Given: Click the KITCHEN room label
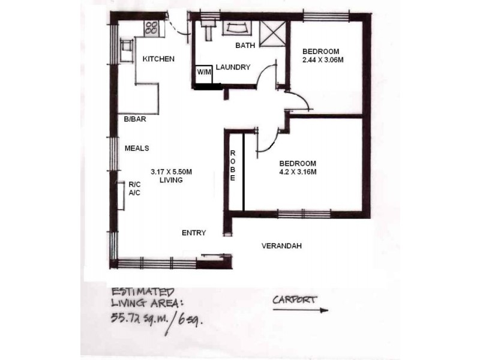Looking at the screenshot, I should click(158, 59).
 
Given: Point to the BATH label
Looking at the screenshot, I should click(245, 46).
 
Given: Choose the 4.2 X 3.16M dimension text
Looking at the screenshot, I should click(298, 172).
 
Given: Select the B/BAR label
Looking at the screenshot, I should click(135, 119).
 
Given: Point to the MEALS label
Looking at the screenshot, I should click(136, 148).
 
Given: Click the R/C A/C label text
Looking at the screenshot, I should click(134, 189).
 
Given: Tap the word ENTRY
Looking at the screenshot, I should click(194, 233).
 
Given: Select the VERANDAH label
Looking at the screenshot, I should click(281, 246).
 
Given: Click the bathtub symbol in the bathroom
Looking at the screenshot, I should click(238, 28).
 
